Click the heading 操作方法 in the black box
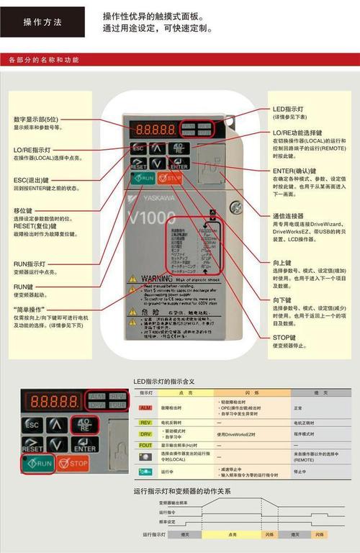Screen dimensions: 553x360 42,22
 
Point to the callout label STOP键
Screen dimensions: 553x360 285,337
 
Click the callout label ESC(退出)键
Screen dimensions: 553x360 31,180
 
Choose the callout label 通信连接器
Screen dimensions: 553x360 288,216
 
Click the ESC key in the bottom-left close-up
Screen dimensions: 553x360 32,425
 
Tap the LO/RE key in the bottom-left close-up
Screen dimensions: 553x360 84,424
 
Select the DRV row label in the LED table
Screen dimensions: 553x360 145,434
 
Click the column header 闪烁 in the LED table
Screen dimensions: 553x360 253,392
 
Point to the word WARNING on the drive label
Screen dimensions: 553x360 156,277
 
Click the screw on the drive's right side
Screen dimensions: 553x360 235,207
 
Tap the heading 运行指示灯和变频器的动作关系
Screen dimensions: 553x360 182,491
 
